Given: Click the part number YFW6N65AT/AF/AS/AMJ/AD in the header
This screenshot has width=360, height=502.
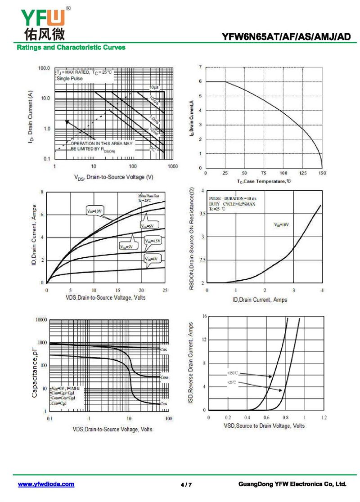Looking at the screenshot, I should (286, 37).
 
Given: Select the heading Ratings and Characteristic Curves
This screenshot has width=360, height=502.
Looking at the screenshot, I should (71, 47).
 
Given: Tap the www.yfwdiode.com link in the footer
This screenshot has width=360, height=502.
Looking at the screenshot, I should (46, 484).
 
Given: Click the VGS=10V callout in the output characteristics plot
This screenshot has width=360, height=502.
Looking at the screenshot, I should (95, 211).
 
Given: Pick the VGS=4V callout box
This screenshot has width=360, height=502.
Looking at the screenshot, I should (152, 259).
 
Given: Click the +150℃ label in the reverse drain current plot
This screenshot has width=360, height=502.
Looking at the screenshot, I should (232, 373).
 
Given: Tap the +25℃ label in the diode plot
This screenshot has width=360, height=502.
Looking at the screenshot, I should (232, 382).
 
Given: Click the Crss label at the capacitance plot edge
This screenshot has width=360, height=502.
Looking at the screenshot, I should (165, 404).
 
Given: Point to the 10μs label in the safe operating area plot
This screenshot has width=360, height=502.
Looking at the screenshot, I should (154, 86).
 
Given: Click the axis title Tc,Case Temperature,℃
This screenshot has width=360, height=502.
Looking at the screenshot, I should (264, 181).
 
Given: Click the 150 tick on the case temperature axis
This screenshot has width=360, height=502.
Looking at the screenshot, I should (322, 173).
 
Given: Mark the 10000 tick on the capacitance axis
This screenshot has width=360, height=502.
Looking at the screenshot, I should (40, 320).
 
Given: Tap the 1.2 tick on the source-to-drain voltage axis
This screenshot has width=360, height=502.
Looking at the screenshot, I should (324, 418).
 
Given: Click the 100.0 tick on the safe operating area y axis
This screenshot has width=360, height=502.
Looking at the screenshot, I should (44, 68).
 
